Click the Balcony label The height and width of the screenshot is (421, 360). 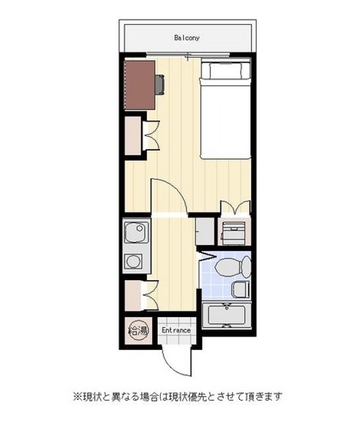187,38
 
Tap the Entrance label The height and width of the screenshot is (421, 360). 176,330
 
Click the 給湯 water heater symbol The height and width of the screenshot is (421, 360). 138,331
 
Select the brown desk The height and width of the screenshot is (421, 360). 140,85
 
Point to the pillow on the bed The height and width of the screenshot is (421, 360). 226,70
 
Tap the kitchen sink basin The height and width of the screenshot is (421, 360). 136,232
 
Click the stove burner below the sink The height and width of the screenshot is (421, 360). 132,262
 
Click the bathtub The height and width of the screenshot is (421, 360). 227,315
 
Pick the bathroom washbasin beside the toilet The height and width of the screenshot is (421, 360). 240,289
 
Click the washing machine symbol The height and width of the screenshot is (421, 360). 233,232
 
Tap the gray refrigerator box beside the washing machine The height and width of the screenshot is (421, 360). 205,232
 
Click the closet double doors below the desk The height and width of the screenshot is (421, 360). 152,136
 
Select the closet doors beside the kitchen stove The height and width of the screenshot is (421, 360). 150,295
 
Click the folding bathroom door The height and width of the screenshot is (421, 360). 207,256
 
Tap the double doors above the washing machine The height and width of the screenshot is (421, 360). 236,208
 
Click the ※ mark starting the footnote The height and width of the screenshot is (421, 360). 78,396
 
